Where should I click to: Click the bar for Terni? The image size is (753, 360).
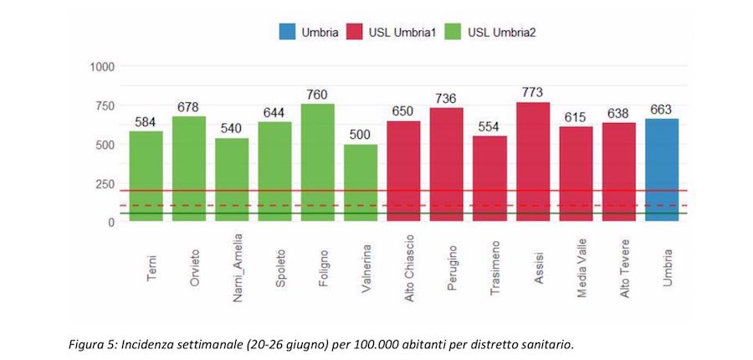click(146, 176)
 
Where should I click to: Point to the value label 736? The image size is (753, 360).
click(446, 99)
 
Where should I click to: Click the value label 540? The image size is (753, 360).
click(232, 129)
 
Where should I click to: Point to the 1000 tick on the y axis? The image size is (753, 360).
click(101, 66)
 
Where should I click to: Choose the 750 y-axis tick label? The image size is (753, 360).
click(105, 105)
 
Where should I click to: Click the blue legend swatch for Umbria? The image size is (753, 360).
click(288, 33)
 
